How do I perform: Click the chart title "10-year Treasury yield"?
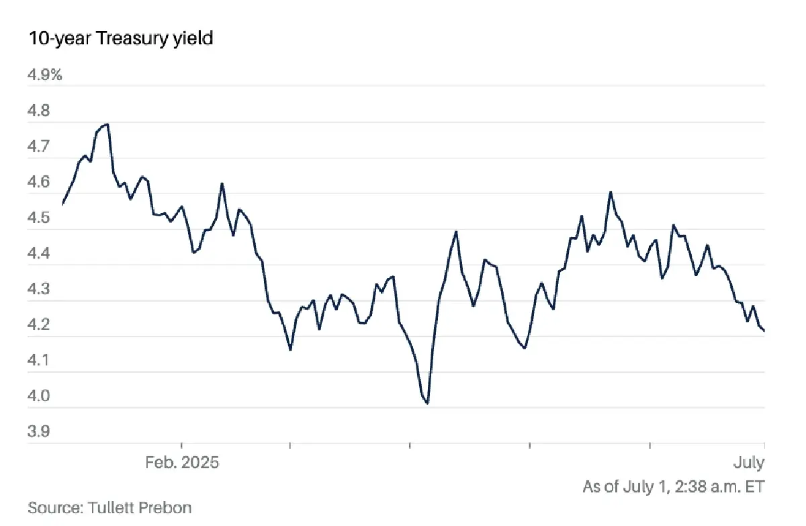(x=120, y=38)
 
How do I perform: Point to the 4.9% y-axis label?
(x=44, y=75)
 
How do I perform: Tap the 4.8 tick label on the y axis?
(x=39, y=110)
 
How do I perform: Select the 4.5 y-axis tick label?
(x=39, y=218)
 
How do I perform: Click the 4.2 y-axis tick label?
(x=39, y=324)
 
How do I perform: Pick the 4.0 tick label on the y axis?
(x=39, y=396)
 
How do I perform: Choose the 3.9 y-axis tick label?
(x=39, y=431)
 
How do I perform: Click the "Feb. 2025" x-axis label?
(x=181, y=464)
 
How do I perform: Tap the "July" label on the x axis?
(x=749, y=464)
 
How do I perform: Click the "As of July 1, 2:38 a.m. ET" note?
(x=674, y=486)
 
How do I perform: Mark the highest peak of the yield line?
(x=107, y=124)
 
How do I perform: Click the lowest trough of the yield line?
(x=427, y=404)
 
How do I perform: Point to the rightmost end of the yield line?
(x=764, y=331)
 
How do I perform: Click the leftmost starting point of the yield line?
(x=62, y=204)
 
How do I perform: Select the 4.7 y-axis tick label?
(x=39, y=146)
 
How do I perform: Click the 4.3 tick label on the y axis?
(x=39, y=289)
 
